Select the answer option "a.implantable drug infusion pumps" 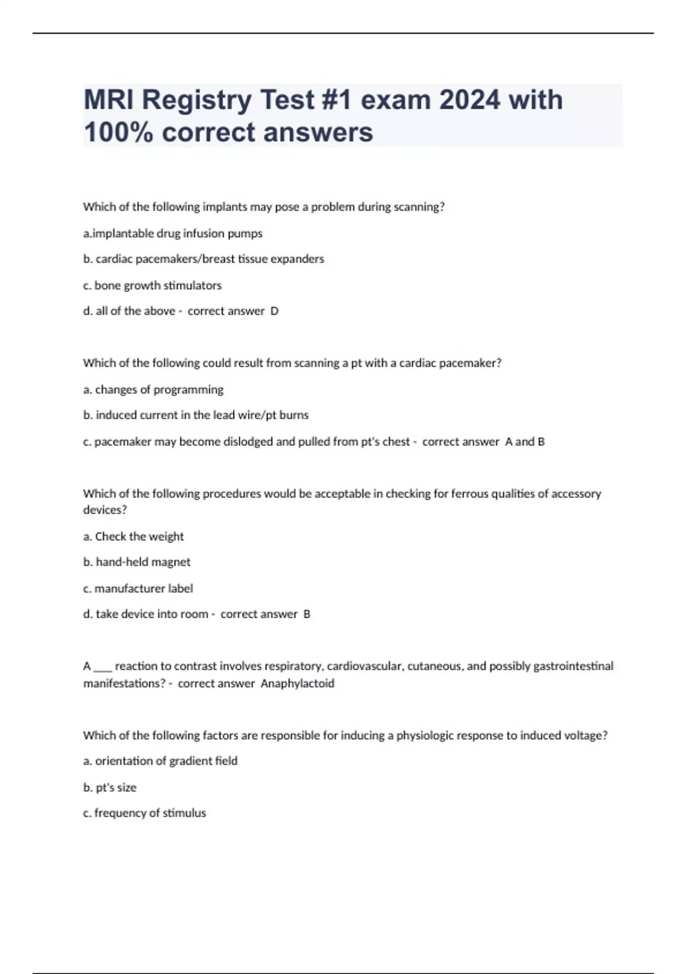[x=172, y=234]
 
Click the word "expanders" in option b [x=297, y=259]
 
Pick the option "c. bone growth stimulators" [x=152, y=285]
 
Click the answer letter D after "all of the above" [x=274, y=311]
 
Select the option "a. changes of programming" [x=153, y=390]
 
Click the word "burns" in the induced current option [x=294, y=415]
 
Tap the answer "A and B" [x=524, y=442]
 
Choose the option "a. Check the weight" [x=133, y=537]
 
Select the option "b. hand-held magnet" [x=137, y=562]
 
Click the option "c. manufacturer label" [x=138, y=588]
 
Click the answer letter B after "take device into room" [x=307, y=614]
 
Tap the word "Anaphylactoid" [x=297, y=684]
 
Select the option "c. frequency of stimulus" [x=144, y=813]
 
